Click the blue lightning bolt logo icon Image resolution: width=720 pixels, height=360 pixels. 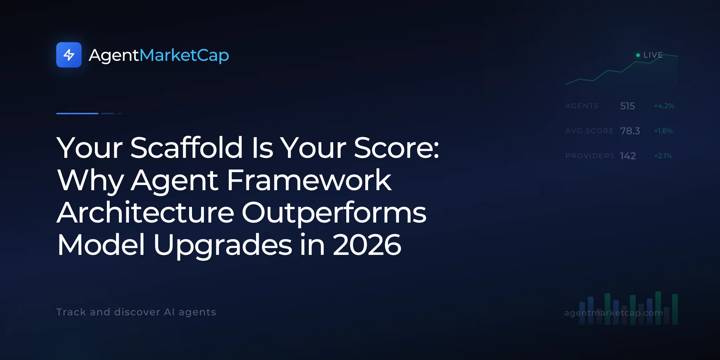[x=69, y=55]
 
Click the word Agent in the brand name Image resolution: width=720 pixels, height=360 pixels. [x=114, y=56]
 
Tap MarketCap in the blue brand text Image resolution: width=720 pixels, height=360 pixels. [x=184, y=56]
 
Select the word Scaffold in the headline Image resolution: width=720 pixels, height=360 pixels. [x=187, y=147]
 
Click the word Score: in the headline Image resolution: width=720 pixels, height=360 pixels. [x=397, y=148]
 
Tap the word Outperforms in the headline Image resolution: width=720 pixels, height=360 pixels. [x=334, y=213]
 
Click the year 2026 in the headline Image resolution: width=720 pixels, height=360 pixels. [x=367, y=245]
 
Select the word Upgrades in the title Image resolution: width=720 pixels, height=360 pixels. [x=223, y=245]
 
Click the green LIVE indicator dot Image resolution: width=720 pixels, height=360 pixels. [x=638, y=55]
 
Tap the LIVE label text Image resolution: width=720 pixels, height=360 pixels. [x=653, y=55]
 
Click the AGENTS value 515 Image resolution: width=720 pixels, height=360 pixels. [x=628, y=106]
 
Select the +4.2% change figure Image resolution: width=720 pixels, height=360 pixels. [x=664, y=106]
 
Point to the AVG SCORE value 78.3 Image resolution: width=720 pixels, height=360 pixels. [x=630, y=131]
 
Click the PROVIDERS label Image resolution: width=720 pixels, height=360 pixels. [x=590, y=156]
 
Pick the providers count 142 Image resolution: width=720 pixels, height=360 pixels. [x=628, y=156]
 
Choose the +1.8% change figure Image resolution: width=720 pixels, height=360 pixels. [x=663, y=131]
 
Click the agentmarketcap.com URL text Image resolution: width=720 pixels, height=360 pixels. [x=613, y=313]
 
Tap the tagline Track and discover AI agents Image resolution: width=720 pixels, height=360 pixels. [x=136, y=312]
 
